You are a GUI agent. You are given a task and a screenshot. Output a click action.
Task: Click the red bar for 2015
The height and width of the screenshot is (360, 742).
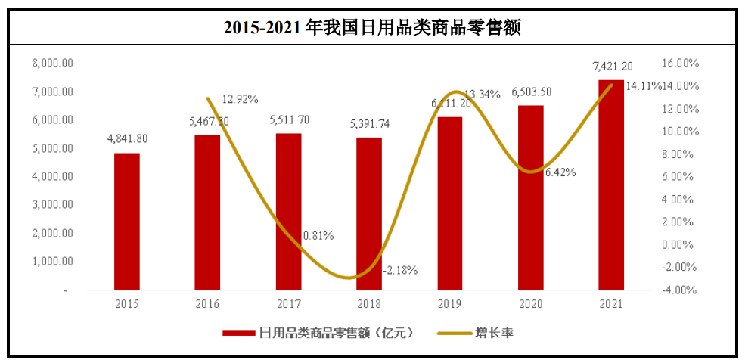(x=127, y=221)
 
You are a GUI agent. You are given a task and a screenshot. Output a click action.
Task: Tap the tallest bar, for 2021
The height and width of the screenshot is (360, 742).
(x=611, y=185)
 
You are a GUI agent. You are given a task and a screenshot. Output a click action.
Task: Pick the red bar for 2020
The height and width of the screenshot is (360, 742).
(x=530, y=197)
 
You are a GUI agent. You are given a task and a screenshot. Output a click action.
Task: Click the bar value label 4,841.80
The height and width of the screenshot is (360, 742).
(x=127, y=138)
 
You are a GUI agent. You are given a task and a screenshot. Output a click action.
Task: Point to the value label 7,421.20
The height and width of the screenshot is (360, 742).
(x=611, y=66)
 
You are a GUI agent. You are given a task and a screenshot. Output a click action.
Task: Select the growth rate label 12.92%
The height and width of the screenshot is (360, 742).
(x=241, y=99)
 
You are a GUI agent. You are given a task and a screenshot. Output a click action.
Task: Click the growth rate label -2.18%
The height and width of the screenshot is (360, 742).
(x=399, y=270)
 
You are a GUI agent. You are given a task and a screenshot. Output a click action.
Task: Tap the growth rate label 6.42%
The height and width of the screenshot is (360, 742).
(x=560, y=172)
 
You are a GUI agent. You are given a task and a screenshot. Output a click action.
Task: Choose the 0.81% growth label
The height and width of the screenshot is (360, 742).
(x=318, y=235)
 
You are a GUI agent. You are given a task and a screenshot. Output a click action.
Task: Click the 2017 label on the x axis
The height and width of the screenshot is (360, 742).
(x=288, y=304)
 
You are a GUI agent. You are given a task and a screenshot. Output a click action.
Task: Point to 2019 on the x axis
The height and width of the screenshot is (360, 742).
(x=450, y=304)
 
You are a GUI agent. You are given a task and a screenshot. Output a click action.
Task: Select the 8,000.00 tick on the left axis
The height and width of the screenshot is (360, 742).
(x=53, y=64)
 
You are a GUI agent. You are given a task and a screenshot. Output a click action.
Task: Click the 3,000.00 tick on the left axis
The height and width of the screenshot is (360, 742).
(x=53, y=205)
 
